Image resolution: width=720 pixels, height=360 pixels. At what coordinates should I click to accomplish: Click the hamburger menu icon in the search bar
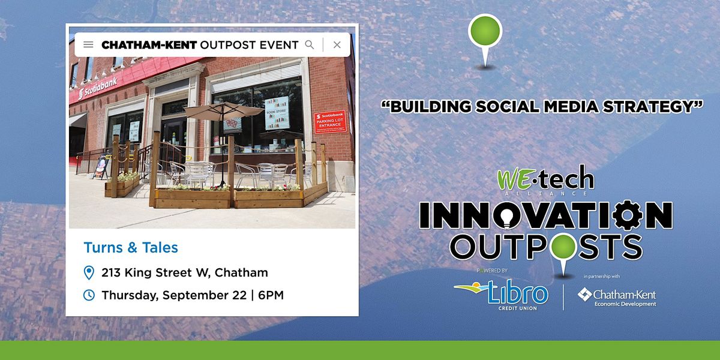click(88, 44)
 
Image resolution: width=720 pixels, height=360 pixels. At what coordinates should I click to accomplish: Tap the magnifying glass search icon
click(310, 44)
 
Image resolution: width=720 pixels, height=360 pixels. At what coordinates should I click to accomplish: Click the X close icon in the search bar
click(337, 44)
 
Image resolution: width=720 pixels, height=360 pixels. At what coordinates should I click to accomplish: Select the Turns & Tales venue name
click(131, 247)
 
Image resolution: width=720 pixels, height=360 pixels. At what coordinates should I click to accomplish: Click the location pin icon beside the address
click(89, 273)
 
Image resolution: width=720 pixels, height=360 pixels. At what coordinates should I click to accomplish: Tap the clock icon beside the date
click(89, 295)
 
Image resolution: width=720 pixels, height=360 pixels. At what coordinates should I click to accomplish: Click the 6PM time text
click(271, 295)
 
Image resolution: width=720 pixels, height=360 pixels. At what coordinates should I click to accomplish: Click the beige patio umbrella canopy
click(223, 111)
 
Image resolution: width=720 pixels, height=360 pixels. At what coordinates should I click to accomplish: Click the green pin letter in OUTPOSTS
click(560, 247)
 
